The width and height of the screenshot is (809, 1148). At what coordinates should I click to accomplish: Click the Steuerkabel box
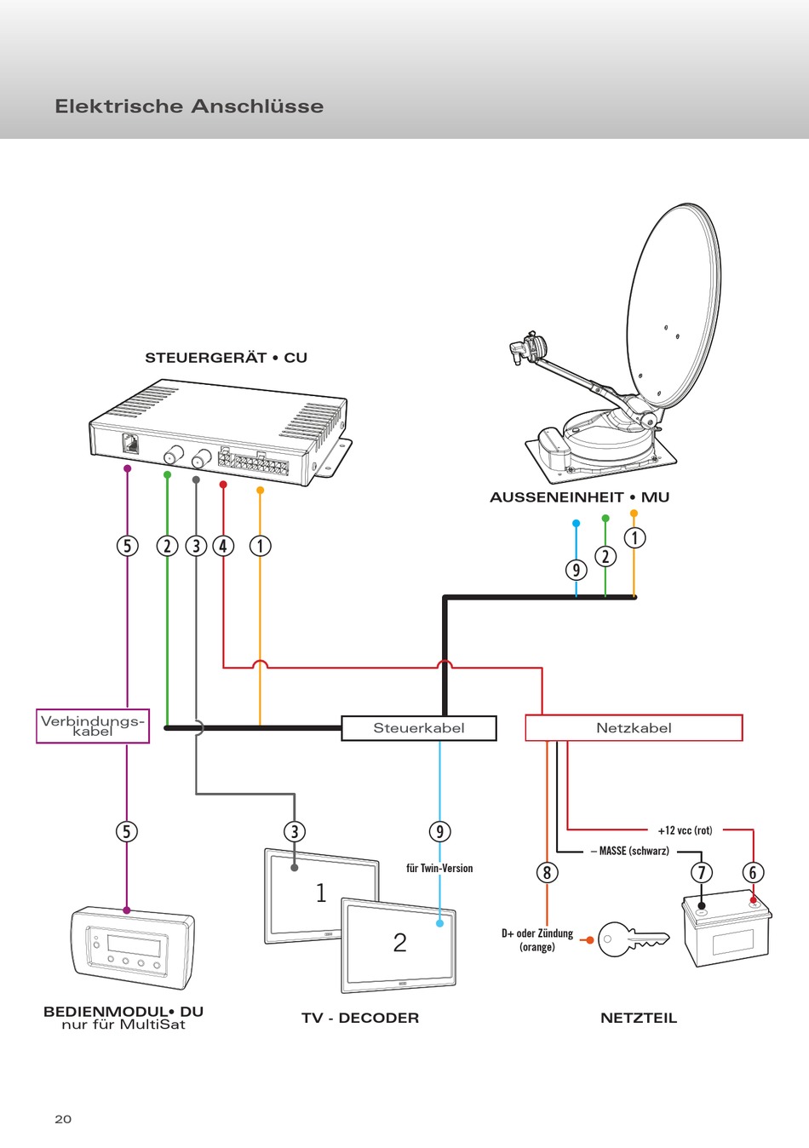[x=419, y=728]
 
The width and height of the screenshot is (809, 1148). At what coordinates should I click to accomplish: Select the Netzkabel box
[x=634, y=728]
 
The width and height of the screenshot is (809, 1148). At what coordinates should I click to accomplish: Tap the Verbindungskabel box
[x=93, y=726]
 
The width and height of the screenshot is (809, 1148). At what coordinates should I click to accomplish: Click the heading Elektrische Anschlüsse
[x=189, y=106]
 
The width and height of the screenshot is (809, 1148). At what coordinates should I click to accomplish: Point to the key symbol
[x=634, y=939]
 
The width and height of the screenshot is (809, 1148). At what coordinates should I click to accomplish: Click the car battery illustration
[x=726, y=928]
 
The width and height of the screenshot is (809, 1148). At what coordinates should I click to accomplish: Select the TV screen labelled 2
[x=399, y=945]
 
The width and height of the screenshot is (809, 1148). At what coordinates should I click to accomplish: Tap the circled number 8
[x=547, y=872]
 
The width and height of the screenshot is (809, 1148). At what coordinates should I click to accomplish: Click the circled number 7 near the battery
[x=702, y=872]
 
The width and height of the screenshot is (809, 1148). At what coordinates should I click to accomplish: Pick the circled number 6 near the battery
[x=753, y=872]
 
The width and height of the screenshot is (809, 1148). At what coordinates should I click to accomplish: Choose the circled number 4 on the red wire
[x=223, y=546]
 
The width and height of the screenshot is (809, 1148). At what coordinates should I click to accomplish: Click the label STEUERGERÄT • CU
[x=226, y=358]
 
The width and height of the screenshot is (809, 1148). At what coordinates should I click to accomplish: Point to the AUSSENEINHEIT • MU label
[x=579, y=497]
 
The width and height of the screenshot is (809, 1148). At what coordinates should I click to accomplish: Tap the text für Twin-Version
[x=439, y=868]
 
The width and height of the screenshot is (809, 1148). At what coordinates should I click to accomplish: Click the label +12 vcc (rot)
[x=685, y=830]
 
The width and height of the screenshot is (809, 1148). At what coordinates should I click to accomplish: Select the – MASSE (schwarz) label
[x=629, y=851]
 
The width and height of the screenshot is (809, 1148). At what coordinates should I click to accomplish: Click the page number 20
[x=63, y=1119]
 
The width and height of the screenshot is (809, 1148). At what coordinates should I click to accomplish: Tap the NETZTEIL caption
[x=639, y=1018]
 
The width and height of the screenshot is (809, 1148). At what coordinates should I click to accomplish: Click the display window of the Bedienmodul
[x=134, y=944]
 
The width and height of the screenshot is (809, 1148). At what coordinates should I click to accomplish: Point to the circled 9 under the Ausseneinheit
[x=576, y=570]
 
